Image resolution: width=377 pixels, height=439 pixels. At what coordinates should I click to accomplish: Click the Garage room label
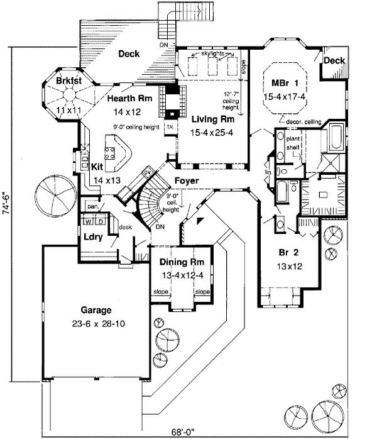pos(96,310)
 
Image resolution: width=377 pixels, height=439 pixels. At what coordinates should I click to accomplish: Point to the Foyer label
pos(187,181)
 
